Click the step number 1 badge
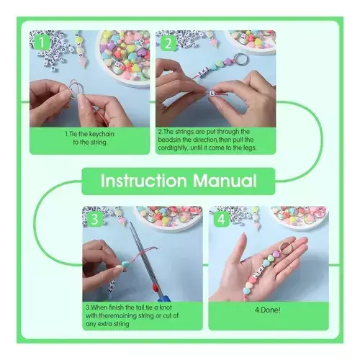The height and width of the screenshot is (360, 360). tap(42, 42)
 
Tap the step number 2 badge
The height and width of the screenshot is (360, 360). tap(168, 43)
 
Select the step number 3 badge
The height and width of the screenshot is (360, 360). tap(95, 219)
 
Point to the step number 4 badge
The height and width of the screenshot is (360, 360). tap(221, 220)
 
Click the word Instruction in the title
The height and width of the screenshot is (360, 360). tap(143, 181)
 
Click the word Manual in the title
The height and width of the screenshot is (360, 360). tap(225, 181)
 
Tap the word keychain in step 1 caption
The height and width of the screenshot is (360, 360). tap(98, 134)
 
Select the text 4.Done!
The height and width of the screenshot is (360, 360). tap(267, 310)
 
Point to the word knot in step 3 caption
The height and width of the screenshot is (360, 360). tap(165, 307)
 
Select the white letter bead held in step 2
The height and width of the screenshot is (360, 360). tap(212, 93)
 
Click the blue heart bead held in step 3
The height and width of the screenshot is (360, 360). tap(125, 264)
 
